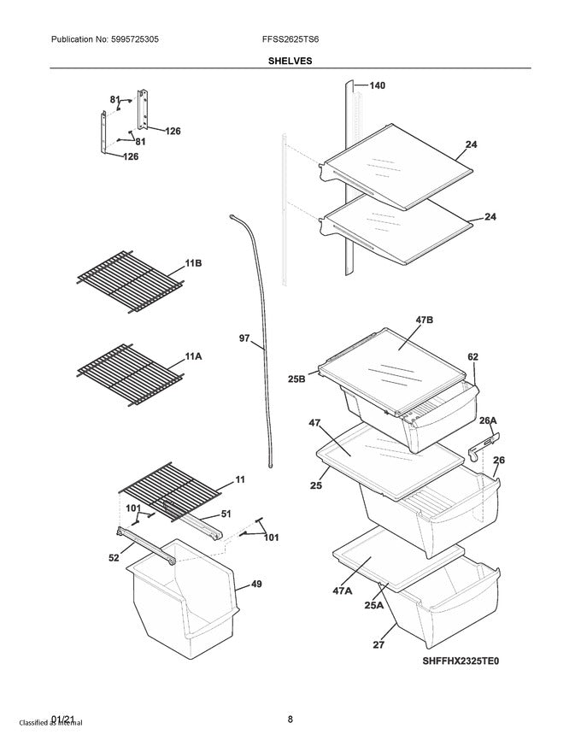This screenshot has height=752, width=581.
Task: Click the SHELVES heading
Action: tap(290, 61)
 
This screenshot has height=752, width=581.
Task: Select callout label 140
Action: tap(377, 85)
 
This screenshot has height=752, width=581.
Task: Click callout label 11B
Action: tap(194, 264)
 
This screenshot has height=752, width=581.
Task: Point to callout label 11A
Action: tap(193, 355)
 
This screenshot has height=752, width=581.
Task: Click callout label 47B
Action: tap(425, 320)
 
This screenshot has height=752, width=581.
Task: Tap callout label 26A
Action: tap(488, 420)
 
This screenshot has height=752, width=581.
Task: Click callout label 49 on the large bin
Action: tap(255, 585)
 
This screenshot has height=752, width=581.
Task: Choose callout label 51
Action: tap(226, 514)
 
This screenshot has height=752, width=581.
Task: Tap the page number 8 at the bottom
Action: tap(290, 719)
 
